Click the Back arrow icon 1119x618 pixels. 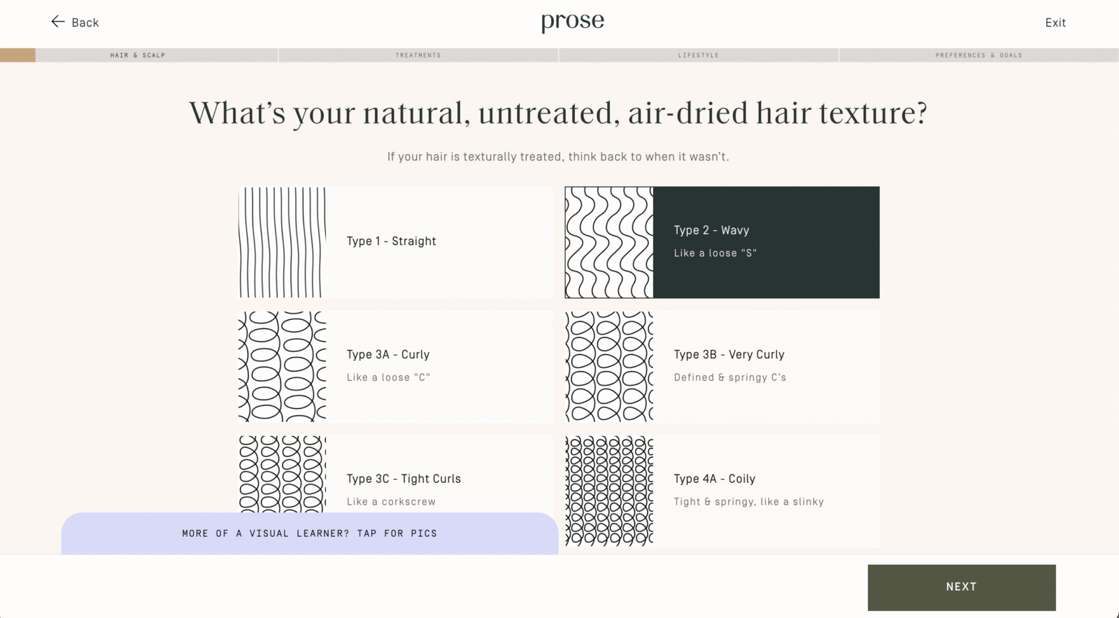[57, 22]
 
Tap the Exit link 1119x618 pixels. [1055, 22]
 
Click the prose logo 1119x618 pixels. [572, 22]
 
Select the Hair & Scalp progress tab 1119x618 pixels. [138, 55]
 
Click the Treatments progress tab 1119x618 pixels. [418, 55]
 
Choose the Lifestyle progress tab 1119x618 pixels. [698, 55]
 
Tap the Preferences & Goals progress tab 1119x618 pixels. [978, 55]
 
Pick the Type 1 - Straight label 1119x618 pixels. [391, 241]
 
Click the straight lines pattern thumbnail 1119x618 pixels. [282, 242]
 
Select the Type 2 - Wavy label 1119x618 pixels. [711, 230]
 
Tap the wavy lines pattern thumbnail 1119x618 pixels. [609, 242]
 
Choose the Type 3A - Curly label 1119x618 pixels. [388, 355]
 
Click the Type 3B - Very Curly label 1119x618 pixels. [729, 355]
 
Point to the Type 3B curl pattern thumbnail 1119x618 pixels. [609, 367]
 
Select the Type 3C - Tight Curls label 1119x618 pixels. [404, 479]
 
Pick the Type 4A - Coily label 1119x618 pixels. [714, 479]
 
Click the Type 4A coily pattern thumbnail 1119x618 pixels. [609, 491]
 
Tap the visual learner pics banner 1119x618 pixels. [309, 533]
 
